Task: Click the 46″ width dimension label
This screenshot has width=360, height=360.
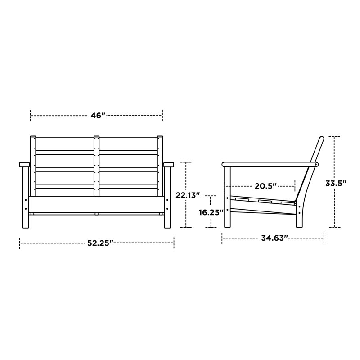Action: (98, 116)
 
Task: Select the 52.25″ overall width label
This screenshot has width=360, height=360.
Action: (100, 243)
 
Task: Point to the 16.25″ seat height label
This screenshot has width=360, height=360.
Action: (211, 212)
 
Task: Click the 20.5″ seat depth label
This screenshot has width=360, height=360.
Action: (265, 186)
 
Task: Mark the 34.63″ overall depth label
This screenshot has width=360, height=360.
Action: (274, 238)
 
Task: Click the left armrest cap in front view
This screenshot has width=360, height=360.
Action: (25, 165)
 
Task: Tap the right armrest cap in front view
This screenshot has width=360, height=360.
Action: (168, 165)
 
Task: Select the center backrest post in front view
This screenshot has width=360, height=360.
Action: (97, 166)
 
